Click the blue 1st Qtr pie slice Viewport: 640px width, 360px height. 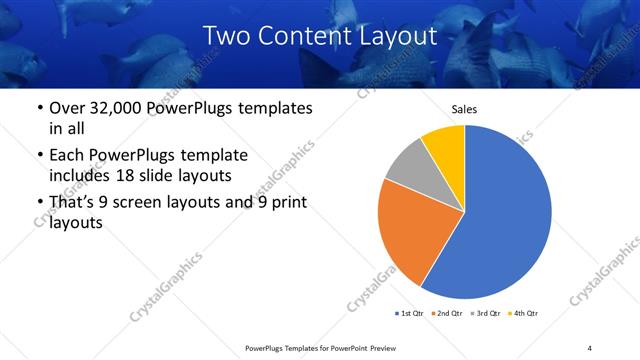tap(510, 215)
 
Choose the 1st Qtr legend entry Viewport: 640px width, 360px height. tap(409, 313)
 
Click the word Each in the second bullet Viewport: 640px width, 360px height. tap(67, 156)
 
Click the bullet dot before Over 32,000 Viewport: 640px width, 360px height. tap(39, 108)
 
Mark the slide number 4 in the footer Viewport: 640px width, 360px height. tap(589, 347)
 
